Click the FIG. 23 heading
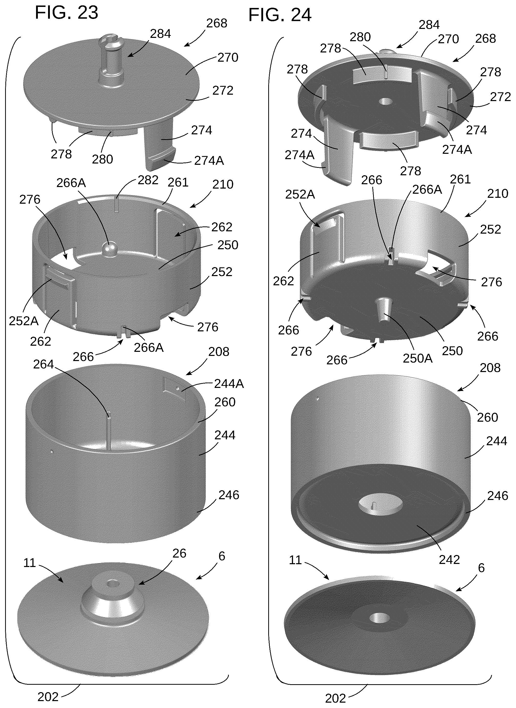(66, 13)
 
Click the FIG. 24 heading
(280, 15)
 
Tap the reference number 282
(148, 180)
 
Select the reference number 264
(43, 364)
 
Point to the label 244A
(229, 384)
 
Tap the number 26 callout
(179, 553)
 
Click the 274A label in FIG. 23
(209, 161)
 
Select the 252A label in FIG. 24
(300, 194)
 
